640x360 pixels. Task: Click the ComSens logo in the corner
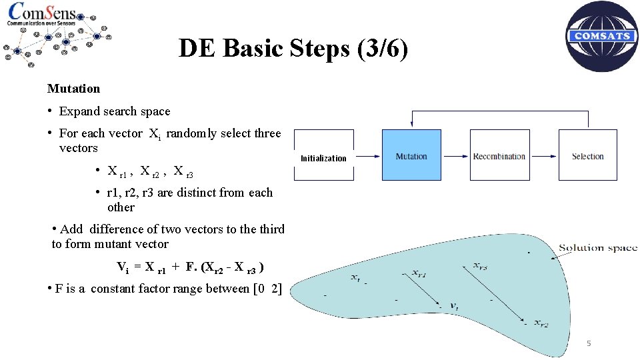click(x=57, y=33)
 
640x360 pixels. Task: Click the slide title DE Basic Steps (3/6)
click(x=293, y=49)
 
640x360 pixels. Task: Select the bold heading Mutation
click(x=73, y=89)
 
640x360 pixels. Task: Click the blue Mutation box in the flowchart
click(x=411, y=155)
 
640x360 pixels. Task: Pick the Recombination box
click(x=499, y=155)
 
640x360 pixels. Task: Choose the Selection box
click(x=587, y=155)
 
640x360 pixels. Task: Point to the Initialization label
click(x=323, y=159)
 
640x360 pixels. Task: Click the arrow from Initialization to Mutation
click(x=365, y=157)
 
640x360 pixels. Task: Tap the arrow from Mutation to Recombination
click(x=455, y=157)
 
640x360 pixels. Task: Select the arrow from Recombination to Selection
click(x=543, y=157)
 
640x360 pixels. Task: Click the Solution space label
click(x=597, y=248)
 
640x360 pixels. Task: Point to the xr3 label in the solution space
click(x=481, y=266)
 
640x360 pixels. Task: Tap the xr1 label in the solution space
click(x=419, y=273)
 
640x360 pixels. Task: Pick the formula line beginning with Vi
click(x=191, y=268)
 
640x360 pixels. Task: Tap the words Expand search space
click(x=115, y=111)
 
